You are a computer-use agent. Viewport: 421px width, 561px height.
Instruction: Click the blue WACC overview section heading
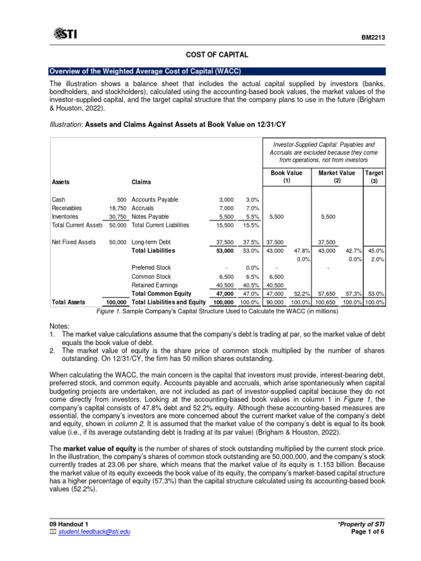click(x=145, y=71)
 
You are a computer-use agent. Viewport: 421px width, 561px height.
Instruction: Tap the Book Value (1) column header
click(x=287, y=176)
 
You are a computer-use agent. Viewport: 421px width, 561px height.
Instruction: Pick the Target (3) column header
click(x=374, y=176)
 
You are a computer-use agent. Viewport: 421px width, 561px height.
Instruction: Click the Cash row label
click(x=58, y=199)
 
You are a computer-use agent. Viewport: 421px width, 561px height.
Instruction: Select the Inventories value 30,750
click(x=119, y=217)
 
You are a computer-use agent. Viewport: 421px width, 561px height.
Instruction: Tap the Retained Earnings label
click(x=155, y=285)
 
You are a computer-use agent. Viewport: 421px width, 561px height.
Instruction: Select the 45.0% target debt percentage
click(x=376, y=251)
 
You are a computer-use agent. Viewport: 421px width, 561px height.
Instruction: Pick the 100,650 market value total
click(x=327, y=302)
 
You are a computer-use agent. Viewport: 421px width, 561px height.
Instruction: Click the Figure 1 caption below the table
click(x=217, y=311)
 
